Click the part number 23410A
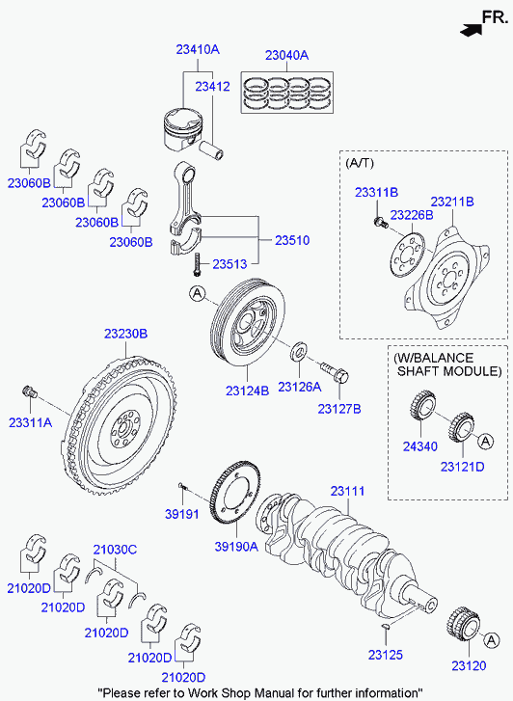point(198,49)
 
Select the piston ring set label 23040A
point(286,55)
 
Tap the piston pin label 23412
point(212,86)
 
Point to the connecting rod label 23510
point(292,240)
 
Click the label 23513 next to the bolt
point(229,264)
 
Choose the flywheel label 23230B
point(125,334)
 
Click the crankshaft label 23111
point(347,491)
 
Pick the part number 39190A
point(236,546)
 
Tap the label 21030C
point(115,550)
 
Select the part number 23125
point(385,655)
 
